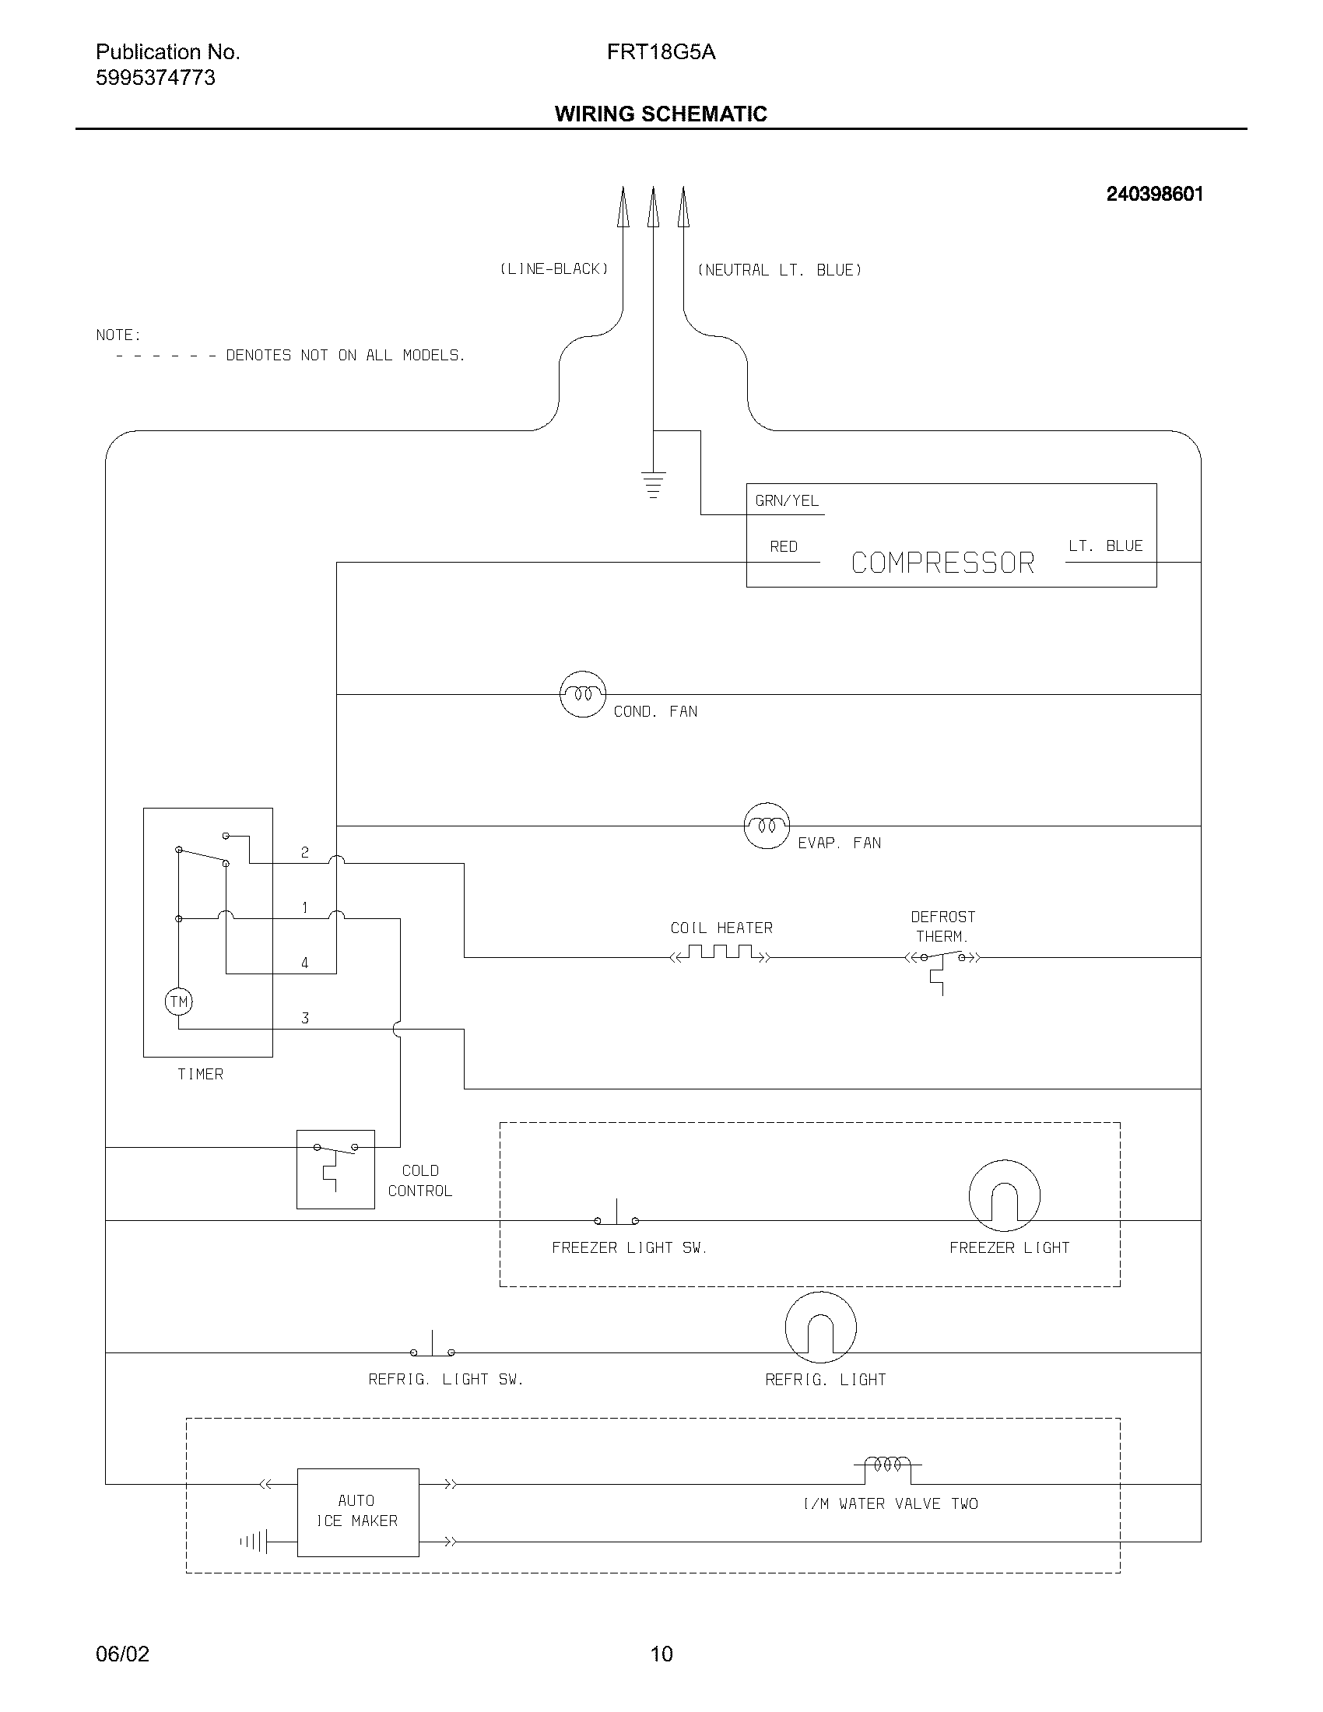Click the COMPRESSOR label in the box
(942, 563)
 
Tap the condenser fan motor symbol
(583, 693)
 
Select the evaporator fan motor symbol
(766, 826)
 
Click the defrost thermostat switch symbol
(942, 959)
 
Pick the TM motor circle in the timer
(179, 1002)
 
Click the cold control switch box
(335, 1169)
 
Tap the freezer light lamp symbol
(1004, 1195)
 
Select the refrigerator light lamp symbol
(820, 1327)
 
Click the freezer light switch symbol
(617, 1215)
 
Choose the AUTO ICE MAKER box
(357, 1512)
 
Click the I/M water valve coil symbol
(888, 1464)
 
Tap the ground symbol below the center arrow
(653, 485)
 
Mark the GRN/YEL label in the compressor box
(787, 501)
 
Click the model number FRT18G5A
(661, 52)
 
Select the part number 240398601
(1154, 195)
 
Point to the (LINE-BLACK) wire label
(554, 270)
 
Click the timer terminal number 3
(305, 1019)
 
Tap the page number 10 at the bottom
(661, 1654)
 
